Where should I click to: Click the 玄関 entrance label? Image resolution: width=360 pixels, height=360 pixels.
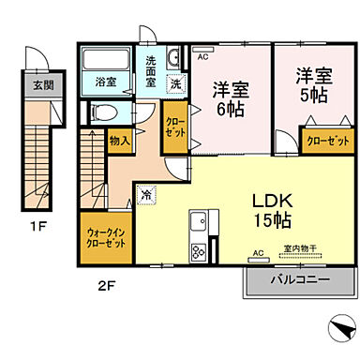coord(42,84)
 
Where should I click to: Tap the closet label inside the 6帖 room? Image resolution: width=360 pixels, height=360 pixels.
coord(174,127)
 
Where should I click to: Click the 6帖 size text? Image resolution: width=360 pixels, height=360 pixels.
coord(229,108)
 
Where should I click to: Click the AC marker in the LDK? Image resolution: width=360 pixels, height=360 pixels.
coord(258,252)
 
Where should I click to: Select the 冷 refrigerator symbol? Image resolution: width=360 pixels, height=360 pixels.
coord(147,195)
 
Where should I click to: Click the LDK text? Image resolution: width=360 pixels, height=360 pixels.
coord(269,200)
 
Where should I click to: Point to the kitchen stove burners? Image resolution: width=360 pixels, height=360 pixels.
coord(198,250)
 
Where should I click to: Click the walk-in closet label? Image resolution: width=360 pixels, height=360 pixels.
coord(107,238)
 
